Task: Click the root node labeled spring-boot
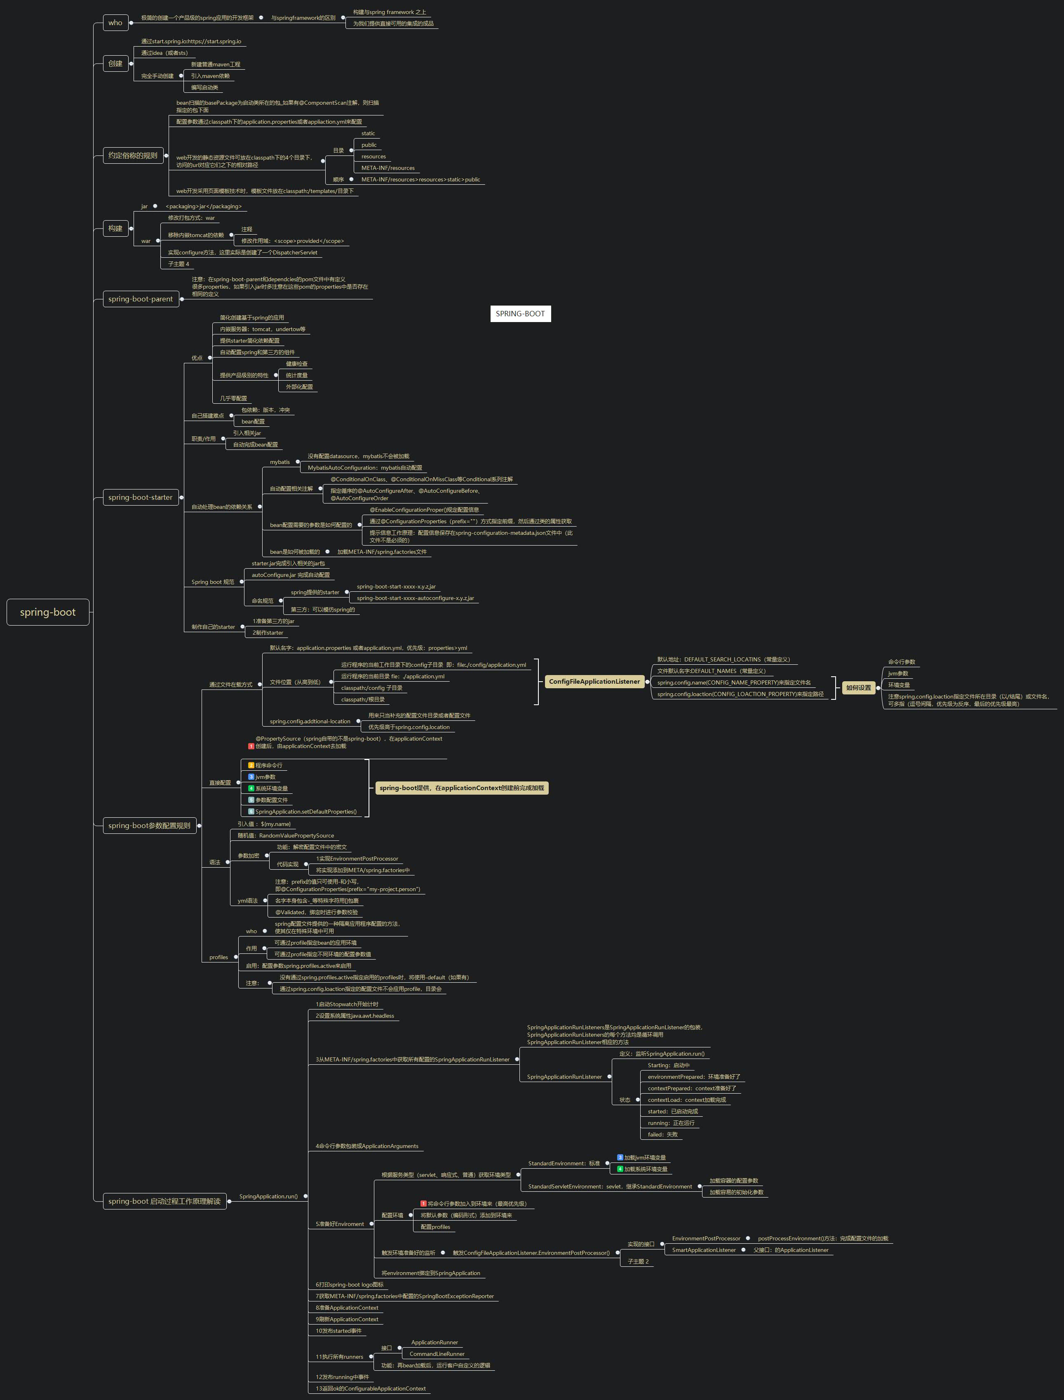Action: click(47, 612)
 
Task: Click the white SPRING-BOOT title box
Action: click(520, 313)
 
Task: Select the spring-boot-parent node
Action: click(141, 299)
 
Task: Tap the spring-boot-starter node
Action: click(141, 497)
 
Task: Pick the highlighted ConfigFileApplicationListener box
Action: click(594, 682)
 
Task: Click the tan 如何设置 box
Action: click(858, 687)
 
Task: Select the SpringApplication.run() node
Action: click(268, 1196)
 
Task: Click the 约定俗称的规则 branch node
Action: click(133, 155)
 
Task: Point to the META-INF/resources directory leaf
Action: click(388, 168)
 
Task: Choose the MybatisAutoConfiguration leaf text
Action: click(365, 468)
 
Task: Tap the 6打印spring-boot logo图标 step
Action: click(350, 1285)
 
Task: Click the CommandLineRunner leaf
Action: click(437, 1354)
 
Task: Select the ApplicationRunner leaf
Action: click(435, 1342)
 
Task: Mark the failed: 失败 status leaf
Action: click(662, 1134)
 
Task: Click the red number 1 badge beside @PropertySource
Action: click(251, 746)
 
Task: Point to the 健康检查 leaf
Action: click(297, 364)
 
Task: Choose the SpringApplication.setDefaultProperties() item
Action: click(306, 812)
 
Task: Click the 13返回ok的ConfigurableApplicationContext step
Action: click(371, 1388)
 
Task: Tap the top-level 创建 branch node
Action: click(115, 64)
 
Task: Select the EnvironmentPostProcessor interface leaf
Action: click(706, 1238)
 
